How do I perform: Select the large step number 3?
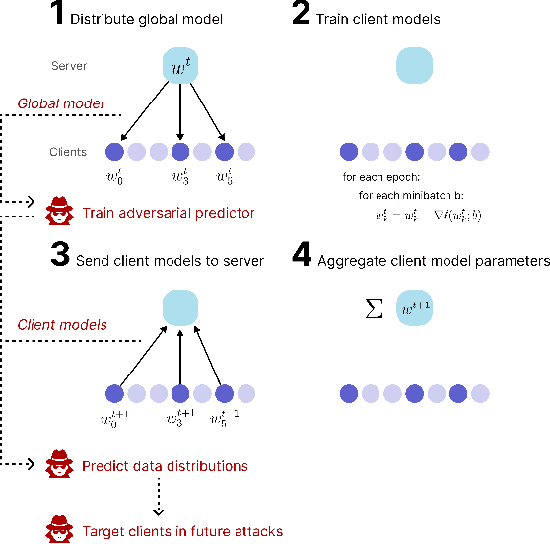tap(61, 258)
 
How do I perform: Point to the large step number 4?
tap(304, 258)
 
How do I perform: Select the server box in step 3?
tap(179, 307)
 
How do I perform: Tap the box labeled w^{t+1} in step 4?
tap(416, 307)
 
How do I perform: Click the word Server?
tap(70, 66)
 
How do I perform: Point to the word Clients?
tap(68, 152)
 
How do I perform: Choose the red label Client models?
tap(63, 324)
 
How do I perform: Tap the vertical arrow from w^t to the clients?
tap(179, 110)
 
